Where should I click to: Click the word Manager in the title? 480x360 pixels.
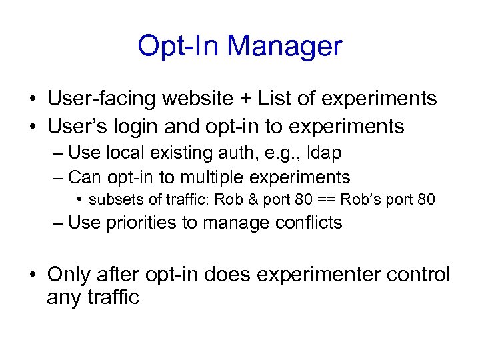[x=285, y=46]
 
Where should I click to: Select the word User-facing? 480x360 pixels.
[x=101, y=99]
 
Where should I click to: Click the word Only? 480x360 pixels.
[x=69, y=275]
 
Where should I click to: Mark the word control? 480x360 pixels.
[x=419, y=275]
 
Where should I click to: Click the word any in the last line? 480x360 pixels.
[x=64, y=297]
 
